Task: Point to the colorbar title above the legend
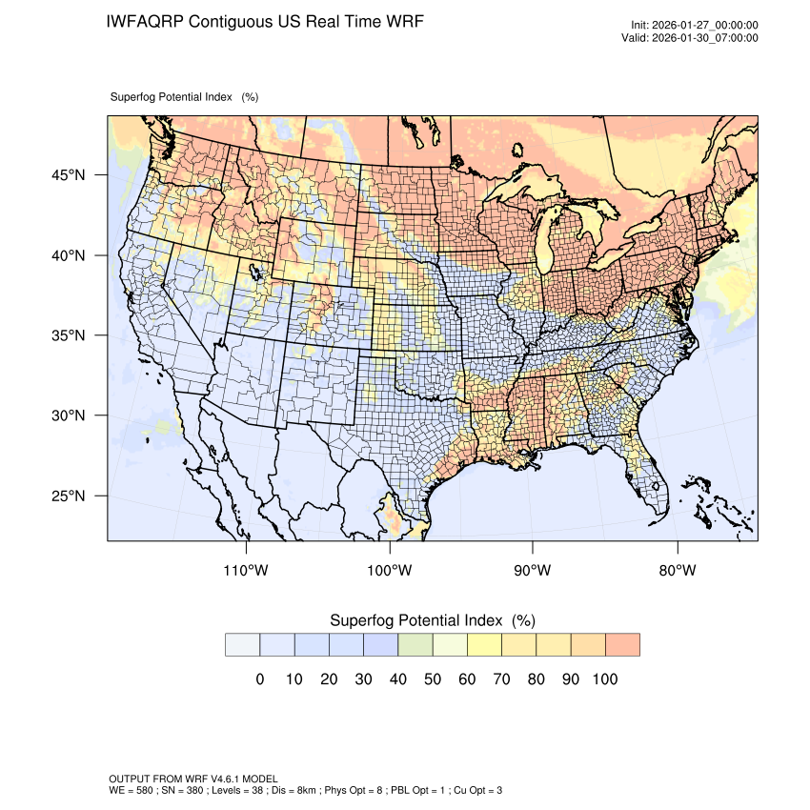click(432, 620)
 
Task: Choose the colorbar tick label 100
click(605, 679)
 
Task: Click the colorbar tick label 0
click(259, 679)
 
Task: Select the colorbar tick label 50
click(432, 679)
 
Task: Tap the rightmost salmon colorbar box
click(622, 644)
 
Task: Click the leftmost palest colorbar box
click(242, 644)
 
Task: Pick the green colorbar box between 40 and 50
click(415, 644)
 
